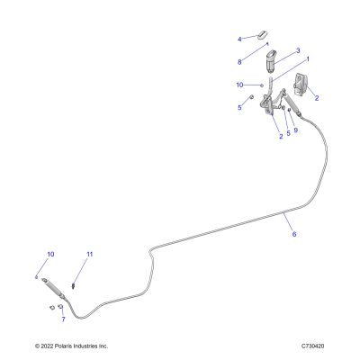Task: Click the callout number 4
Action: pyautogui.click(x=239, y=40)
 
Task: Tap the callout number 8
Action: pyautogui.click(x=239, y=62)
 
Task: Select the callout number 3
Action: pyautogui.click(x=298, y=51)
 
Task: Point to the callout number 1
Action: pyautogui.click(x=308, y=59)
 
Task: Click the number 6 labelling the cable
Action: pyautogui.click(x=294, y=234)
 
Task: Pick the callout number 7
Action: pyautogui.click(x=63, y=319)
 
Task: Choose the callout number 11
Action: pyautogui.click(x=90, y=255)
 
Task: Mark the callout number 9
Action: pyautogui.click(x=296, y=130)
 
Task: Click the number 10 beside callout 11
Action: pyautogui.click(x=50, y=255)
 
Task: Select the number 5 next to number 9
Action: pyautogui.click(x=288, y=133)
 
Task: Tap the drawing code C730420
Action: pyautogui.click(x=313, y=346)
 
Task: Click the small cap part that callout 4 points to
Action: pyautogui.click(x=263, y=34)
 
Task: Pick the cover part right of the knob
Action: pyautogui.click(x=301, y=84)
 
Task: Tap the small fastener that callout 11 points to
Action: pyautogui.click(x=73, y=285)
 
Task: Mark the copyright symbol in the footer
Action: pyautogui.click(x=37, y=346)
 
